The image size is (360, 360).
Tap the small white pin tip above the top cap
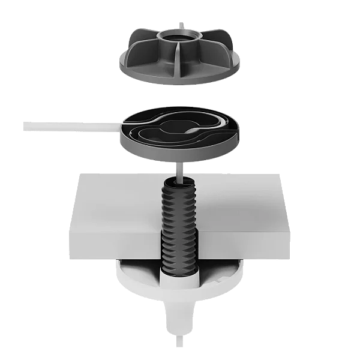pyautogui.click(x=180, y=23)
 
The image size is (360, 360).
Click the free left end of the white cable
pyautogui.click(x=23, y=126)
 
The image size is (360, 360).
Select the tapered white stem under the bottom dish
pyautogui.click(x=180, y=315)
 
